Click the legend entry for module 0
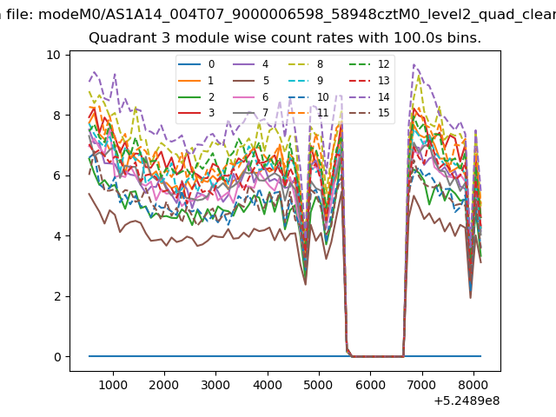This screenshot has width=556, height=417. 196,64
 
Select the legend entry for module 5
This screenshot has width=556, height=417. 251,81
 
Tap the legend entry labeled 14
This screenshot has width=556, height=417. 369,96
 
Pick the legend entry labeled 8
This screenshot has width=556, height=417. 306,64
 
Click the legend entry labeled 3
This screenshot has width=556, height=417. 196,113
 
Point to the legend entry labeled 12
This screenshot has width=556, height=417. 369,64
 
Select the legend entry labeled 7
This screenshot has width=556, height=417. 251,113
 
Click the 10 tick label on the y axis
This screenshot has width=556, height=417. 53,55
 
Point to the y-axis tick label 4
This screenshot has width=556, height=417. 57,236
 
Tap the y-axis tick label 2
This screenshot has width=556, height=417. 57,296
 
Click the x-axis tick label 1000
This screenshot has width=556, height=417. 113,385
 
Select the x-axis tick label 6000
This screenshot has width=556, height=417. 371,385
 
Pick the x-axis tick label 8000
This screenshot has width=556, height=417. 473,385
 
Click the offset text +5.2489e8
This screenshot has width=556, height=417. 467,401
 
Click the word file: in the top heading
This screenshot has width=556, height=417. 20,15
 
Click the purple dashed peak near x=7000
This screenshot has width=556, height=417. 414,64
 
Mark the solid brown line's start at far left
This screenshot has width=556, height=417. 89,194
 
